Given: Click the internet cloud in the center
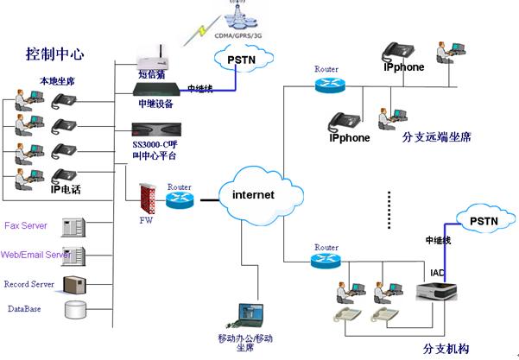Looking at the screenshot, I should [253, 194].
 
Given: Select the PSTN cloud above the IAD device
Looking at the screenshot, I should [482, 222].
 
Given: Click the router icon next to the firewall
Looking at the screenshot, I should [180, 200].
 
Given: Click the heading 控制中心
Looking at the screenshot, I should [54, 54].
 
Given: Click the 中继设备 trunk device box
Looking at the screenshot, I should [155, 89].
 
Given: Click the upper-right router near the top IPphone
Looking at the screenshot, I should [327, 84].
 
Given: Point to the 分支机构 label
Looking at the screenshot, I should [446, 349].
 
